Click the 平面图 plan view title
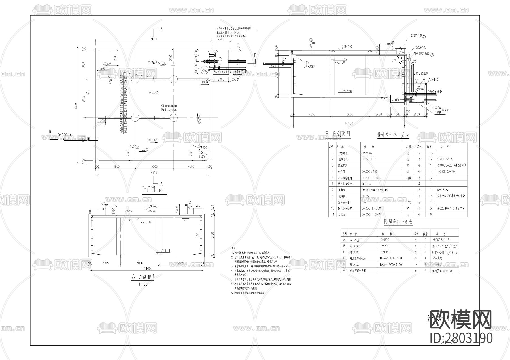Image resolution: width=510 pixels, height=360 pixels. pos(149,189)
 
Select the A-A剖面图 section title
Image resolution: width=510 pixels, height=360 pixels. pos(144,277)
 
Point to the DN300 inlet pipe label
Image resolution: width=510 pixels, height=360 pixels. pos(65,135)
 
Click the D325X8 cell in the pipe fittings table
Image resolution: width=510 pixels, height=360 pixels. pos(367,153)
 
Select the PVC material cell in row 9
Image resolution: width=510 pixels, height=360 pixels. pos(409,202)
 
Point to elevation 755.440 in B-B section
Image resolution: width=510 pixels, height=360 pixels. pos(433,80)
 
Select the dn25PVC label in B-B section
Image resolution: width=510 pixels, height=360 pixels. pos(420,48)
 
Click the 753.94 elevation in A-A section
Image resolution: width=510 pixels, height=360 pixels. pos(165,251)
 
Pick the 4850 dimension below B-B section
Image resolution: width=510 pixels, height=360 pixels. pos(312,115)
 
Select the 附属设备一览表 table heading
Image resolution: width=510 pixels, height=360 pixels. pos(398,222)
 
